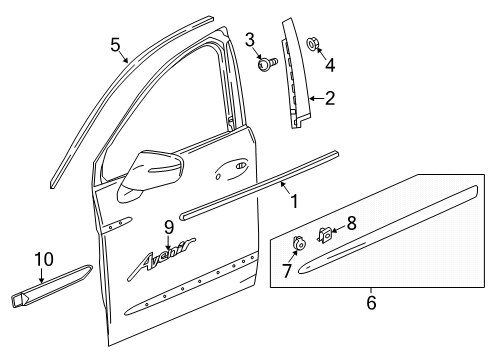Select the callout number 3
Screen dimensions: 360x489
pos(250,39)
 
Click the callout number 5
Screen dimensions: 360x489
pos(116,45)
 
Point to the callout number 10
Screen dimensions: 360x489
pos(42,260)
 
